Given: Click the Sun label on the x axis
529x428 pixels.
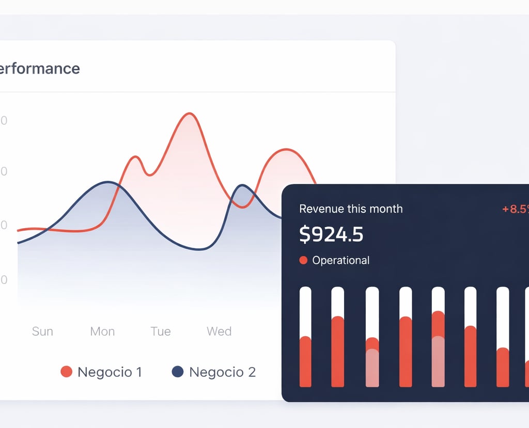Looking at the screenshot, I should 42,331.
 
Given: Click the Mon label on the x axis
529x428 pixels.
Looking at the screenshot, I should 102,331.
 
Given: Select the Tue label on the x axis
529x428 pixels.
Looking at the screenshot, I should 161,331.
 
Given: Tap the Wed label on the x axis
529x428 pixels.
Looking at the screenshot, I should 219,331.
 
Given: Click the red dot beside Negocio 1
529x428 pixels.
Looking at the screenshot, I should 66,372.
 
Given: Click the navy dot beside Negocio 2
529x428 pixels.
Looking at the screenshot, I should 178,372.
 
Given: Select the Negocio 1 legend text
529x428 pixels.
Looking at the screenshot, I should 110,372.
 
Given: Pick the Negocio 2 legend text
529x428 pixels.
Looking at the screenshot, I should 222,372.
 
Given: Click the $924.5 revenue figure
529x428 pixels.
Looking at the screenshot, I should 331,234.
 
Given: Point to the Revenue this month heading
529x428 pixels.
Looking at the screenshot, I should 351,209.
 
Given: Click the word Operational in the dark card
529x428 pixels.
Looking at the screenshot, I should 340,260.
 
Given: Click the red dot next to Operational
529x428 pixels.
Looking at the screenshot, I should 303,260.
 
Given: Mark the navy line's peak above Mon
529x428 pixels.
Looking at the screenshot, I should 107,182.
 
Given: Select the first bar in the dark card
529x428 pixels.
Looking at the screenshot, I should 305,337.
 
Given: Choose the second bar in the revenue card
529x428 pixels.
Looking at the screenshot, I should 337,337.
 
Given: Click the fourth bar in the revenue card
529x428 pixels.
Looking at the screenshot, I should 406,337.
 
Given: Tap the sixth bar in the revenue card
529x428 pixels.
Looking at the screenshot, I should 470,337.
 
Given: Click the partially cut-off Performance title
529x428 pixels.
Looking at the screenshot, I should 40,68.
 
